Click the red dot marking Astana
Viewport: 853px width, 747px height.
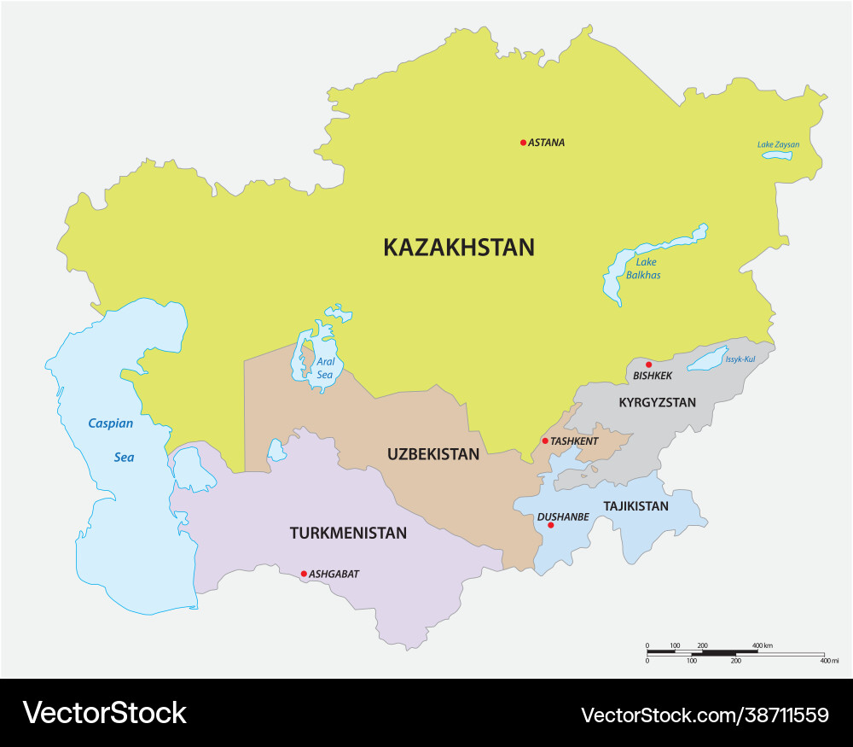[523, 143]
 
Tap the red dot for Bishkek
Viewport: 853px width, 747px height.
[648, 365]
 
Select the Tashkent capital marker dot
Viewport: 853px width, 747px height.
[545, 441]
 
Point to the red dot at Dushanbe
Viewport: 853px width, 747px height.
[550, 525]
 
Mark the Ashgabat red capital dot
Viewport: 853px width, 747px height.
[304, 574]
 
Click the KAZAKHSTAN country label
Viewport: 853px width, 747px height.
[459, 248]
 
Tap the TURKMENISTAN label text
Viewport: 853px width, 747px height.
[348, 534]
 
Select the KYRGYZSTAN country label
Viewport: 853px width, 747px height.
[657, 402]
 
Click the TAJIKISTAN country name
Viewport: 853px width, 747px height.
[635, 506]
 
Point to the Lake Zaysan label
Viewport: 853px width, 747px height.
[778, 144]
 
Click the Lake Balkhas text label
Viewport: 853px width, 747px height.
[643, 269]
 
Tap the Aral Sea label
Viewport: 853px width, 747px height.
[325, 368]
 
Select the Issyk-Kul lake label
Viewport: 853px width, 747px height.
[740, 359]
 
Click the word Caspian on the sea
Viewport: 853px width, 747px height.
[110, 423]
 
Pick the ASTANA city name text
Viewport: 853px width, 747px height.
[546, 143]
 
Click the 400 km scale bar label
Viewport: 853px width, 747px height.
[762, 645]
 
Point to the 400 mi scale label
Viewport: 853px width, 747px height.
[829, 661]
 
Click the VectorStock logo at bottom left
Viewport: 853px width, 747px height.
[104, 713]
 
